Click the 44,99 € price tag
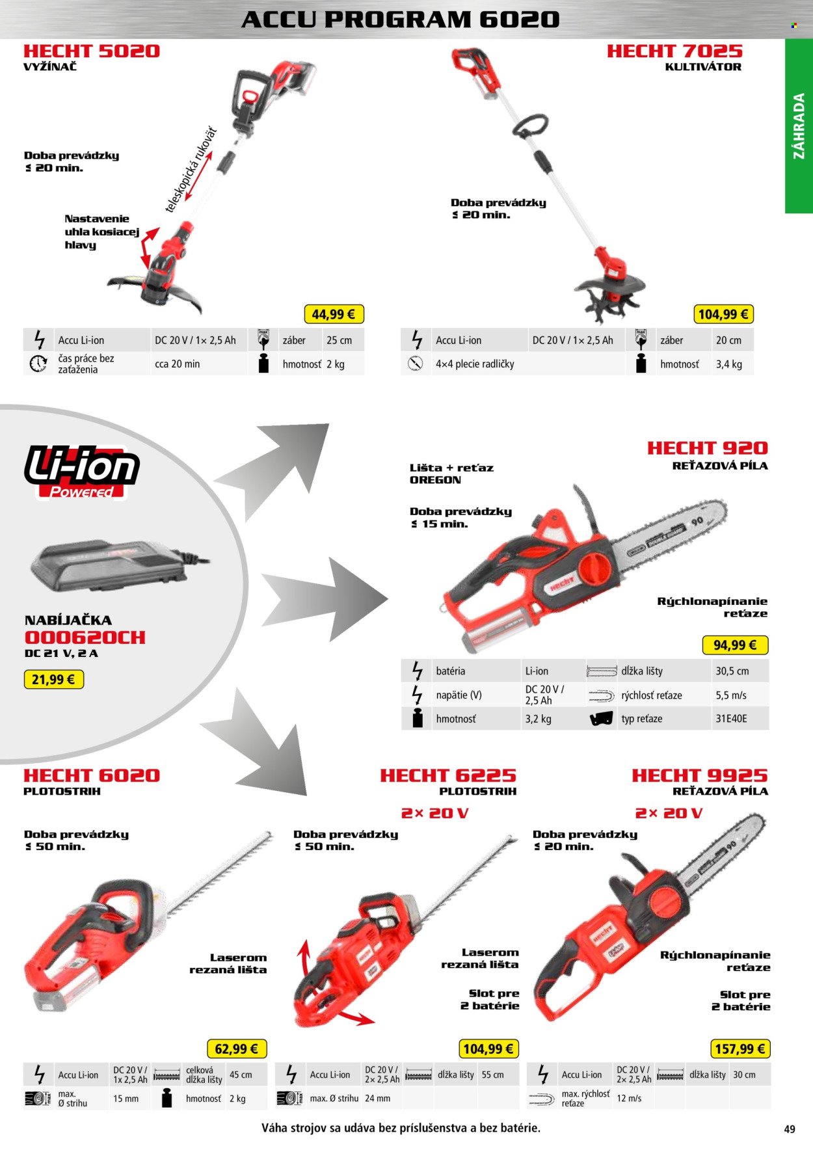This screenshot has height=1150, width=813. [x=333, y=314]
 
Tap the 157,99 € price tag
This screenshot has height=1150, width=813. [x=740, y=1049]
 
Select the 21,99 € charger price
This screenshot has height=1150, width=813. [x=53, y=680]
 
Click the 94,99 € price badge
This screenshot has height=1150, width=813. [x=735, y=645]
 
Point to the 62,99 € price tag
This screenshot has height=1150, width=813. [x=236, y=1049]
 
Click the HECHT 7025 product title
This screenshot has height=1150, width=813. [x=674, y=51]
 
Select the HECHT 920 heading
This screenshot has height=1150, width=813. [x=708, y=448]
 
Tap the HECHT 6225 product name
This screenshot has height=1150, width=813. [x=448, y=775]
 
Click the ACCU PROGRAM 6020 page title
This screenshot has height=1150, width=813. [x=401, y=20]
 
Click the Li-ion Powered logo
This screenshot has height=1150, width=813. [x=81, y=472]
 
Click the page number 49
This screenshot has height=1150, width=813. [x=790, y=1129]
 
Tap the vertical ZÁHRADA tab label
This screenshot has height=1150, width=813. [x=799, y=126]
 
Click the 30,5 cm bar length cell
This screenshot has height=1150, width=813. [x=732, y=671]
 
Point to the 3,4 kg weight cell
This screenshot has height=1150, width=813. [x=729, y=364]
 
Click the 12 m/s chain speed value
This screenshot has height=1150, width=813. [x=629, y=1098]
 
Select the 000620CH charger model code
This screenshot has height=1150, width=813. [x=85, y=637]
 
